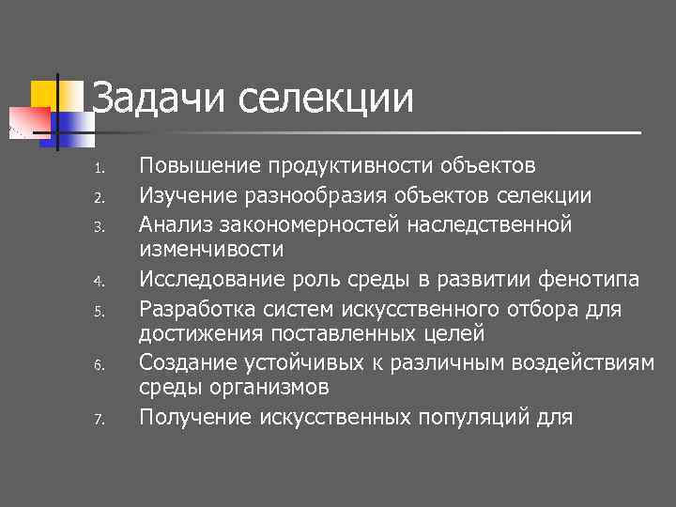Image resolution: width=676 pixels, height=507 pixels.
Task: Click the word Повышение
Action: click(200, 167)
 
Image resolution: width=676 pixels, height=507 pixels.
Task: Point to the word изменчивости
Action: click(211, 250)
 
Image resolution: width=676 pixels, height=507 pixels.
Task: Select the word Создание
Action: click(184, 361)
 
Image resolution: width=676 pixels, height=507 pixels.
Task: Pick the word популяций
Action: click(450, 417)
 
